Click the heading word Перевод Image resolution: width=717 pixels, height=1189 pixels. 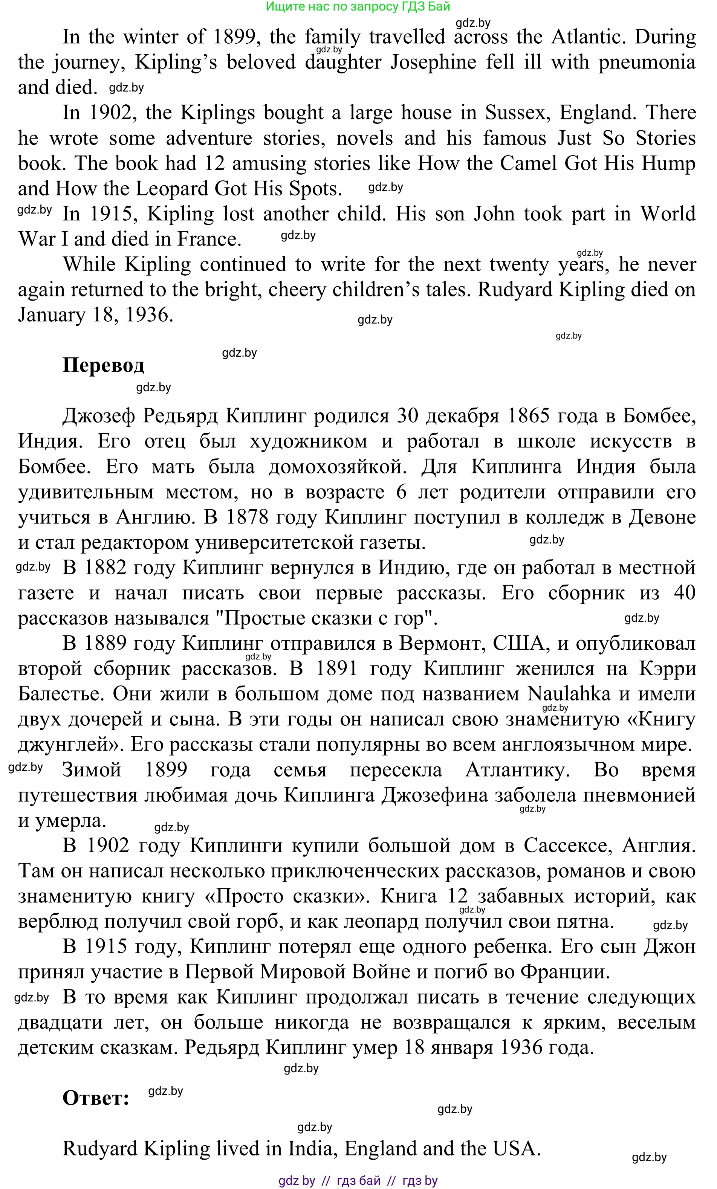coord(103,365)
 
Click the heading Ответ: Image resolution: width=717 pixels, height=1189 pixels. coord(96,1098)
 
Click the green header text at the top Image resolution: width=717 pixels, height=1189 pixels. coord(358,7)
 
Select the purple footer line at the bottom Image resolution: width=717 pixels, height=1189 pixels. coord(358,1181)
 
